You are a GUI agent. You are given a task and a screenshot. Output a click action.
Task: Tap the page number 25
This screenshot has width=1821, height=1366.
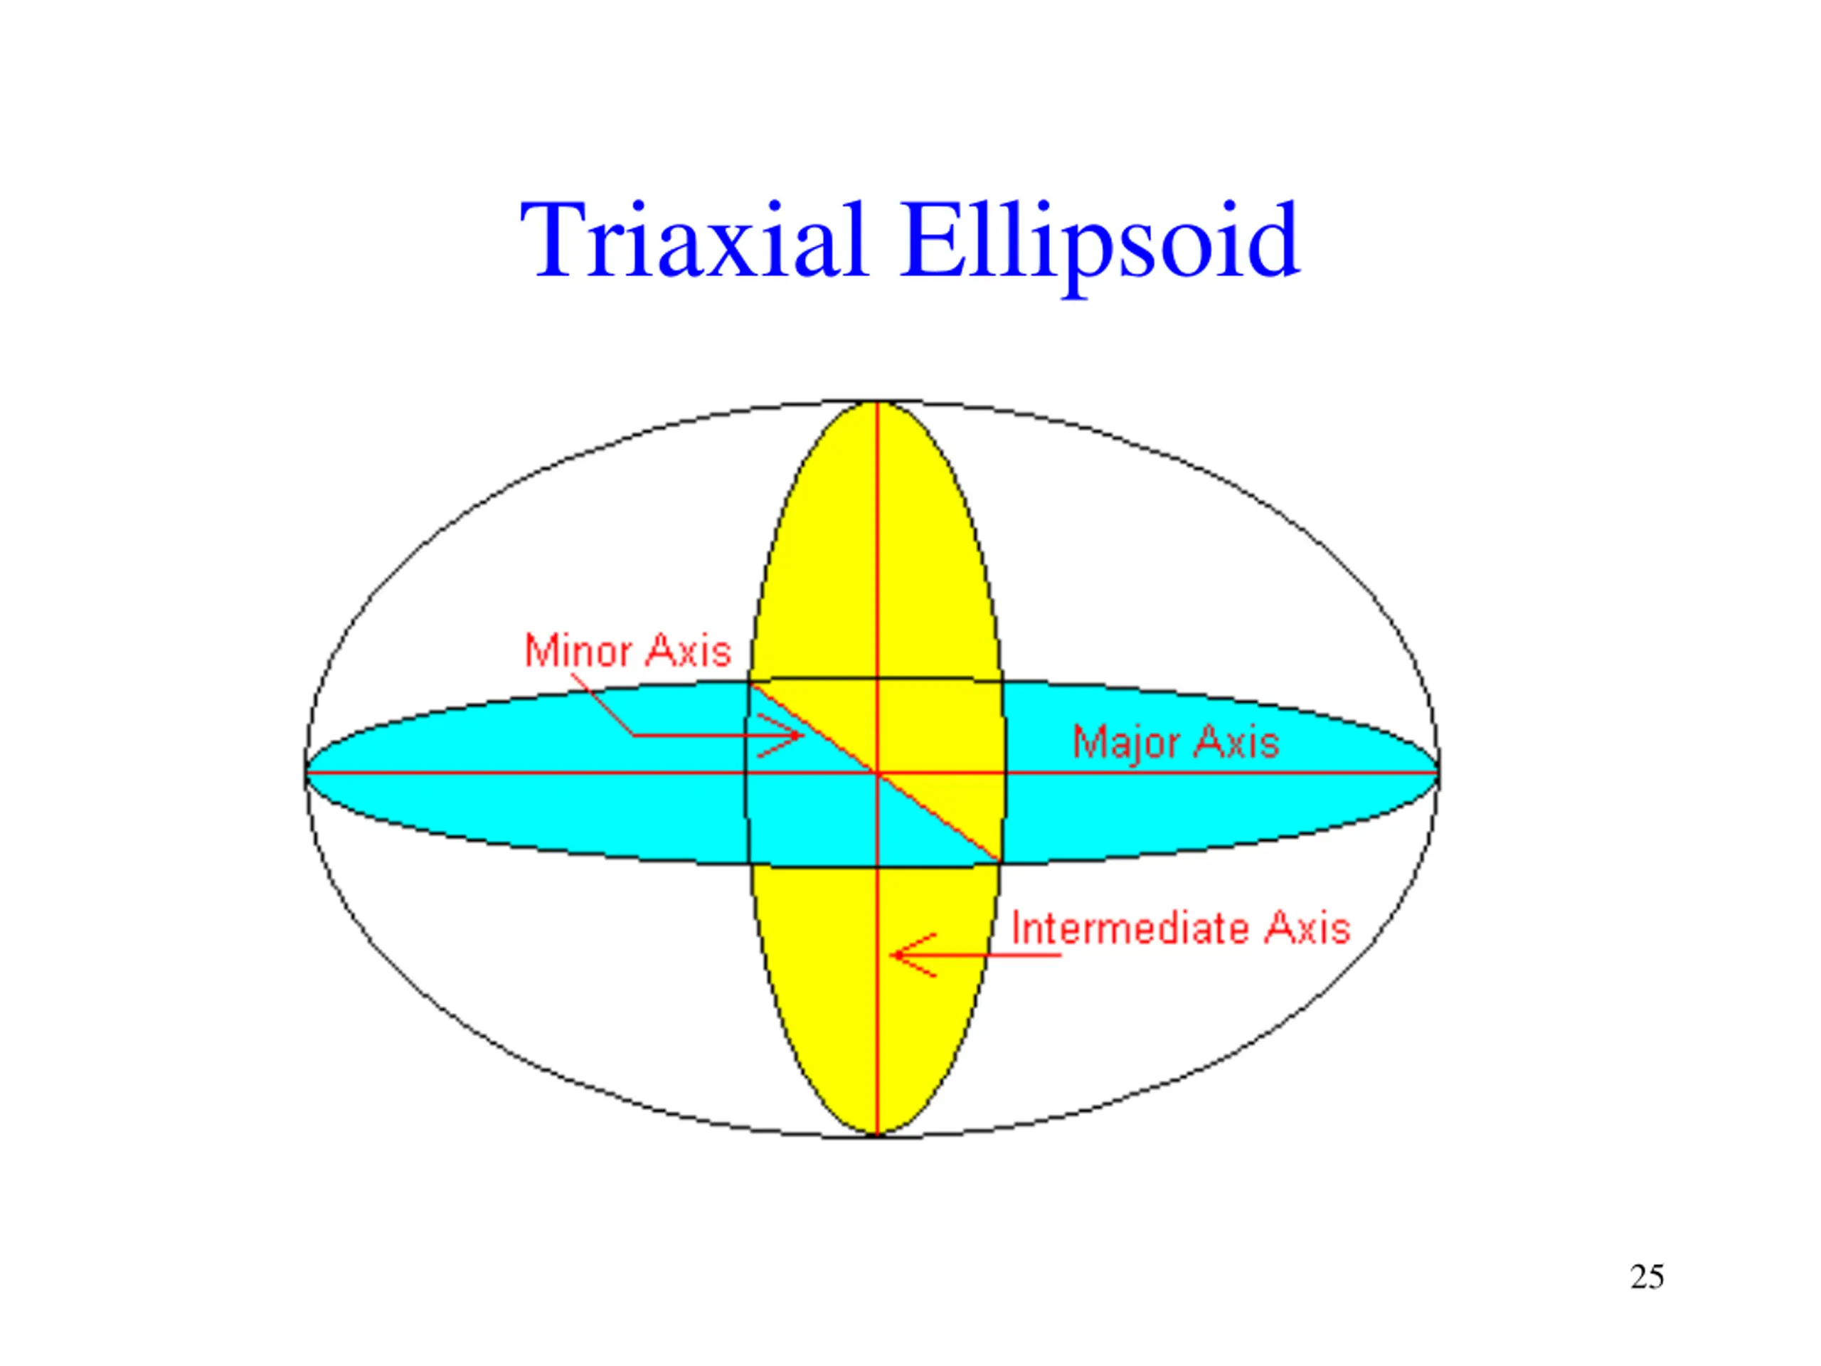[1647, 1277]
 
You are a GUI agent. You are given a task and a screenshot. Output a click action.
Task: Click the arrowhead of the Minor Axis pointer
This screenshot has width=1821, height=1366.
[801, 735]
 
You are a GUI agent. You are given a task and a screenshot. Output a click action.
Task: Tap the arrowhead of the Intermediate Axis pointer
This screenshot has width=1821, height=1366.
[894, 955]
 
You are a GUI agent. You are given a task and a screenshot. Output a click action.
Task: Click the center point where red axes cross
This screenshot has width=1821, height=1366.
[878, 773]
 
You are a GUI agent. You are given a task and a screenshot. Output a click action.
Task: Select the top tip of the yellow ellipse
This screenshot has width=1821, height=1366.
[878, 403]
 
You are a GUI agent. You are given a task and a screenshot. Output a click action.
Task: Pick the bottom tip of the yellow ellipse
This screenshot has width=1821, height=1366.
[878, 1135]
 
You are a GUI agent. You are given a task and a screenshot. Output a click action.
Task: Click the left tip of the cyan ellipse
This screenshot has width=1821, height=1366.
[307, 773]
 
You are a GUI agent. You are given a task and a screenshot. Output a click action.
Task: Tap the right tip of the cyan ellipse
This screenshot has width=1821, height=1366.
[1438, 773]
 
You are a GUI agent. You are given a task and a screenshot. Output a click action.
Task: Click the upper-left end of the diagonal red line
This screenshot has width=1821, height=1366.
[750, 684]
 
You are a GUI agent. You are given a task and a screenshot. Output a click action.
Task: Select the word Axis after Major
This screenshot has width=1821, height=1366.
[1236, 743]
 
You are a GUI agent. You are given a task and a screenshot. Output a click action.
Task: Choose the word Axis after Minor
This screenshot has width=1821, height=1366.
[689, 651]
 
